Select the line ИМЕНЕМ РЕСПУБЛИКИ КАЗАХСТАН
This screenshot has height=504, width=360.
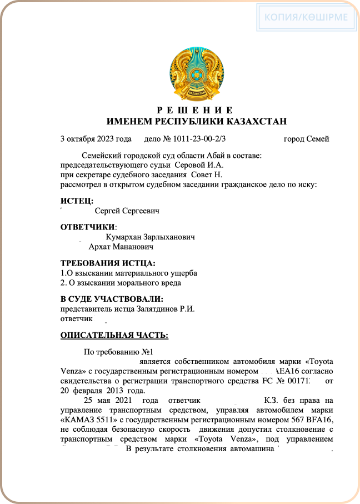(197, 121)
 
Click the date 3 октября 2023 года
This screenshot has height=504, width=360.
(96, 139)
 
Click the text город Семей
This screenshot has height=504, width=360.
(306, 139)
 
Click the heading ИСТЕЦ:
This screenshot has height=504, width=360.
(77, 201)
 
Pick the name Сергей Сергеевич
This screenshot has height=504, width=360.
(127, 211)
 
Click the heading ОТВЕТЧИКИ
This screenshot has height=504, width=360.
(88, 227)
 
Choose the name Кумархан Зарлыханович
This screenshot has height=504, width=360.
(150, 237)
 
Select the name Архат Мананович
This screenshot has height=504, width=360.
(121, 246)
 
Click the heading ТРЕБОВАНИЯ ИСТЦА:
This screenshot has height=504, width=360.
(108, 263)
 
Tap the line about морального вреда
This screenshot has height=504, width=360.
(121, 282)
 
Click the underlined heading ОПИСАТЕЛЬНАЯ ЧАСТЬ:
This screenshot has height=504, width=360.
(114, 335)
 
